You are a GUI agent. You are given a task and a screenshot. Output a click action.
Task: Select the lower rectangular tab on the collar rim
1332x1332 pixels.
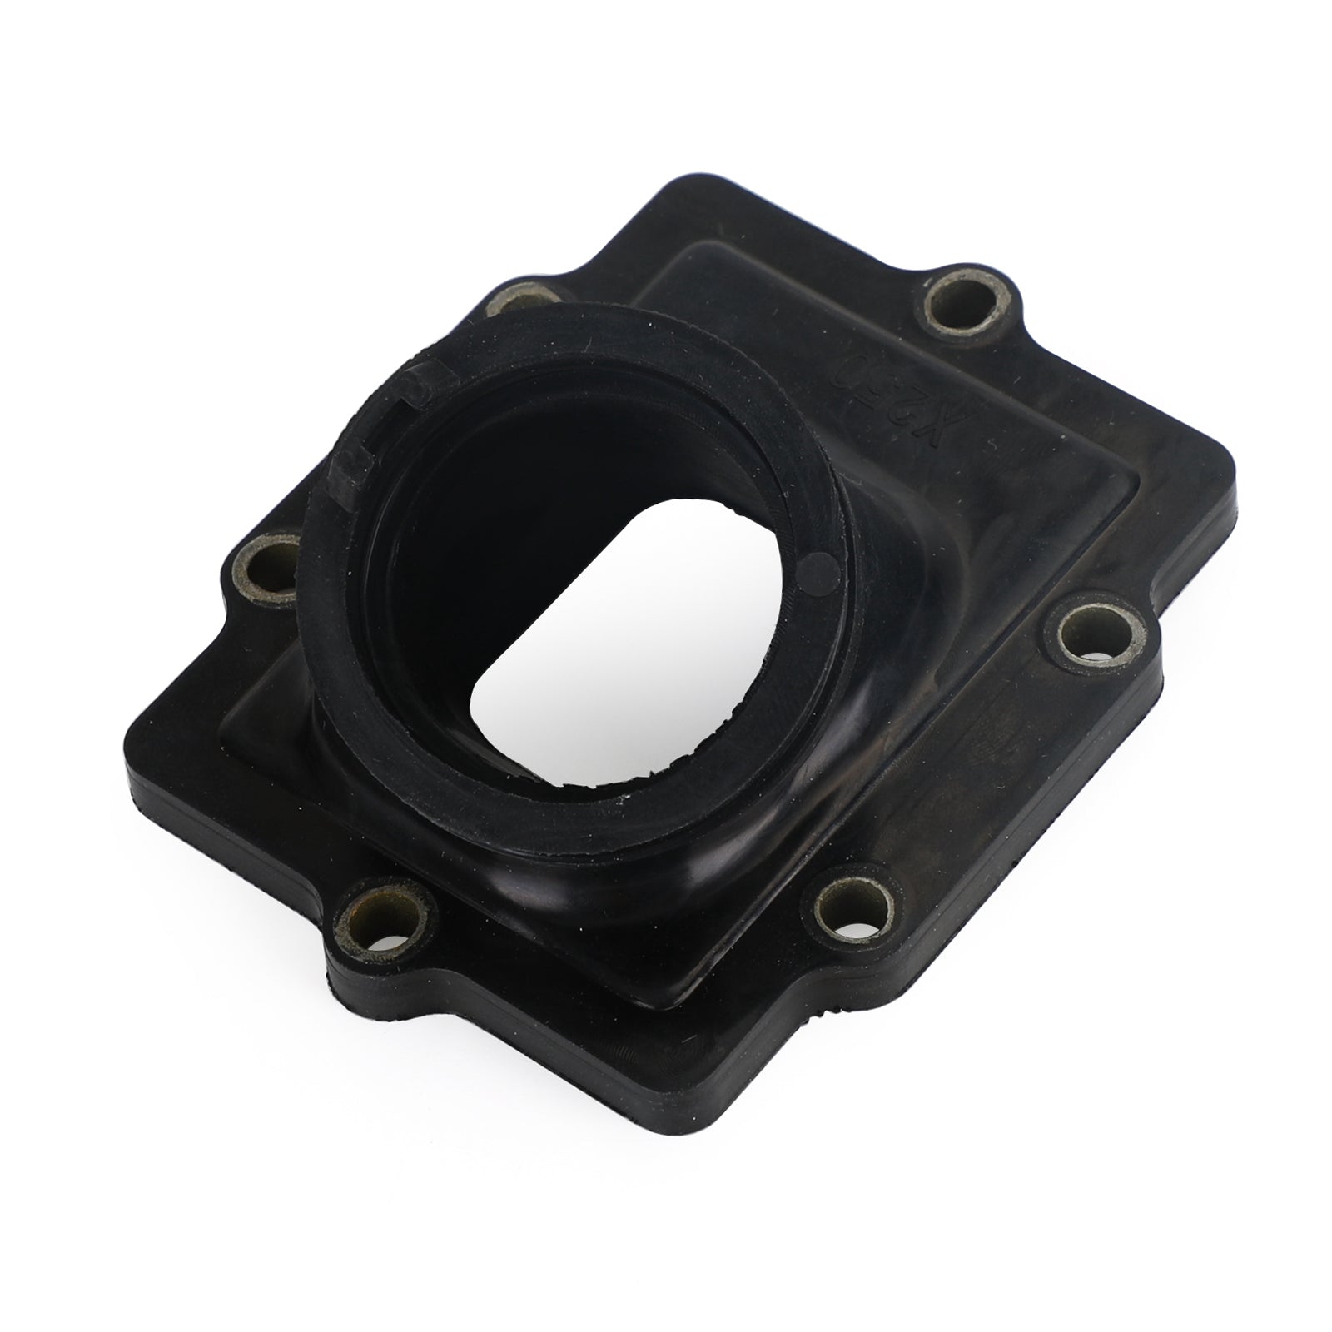pyautogui.click(x=348, y=466)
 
